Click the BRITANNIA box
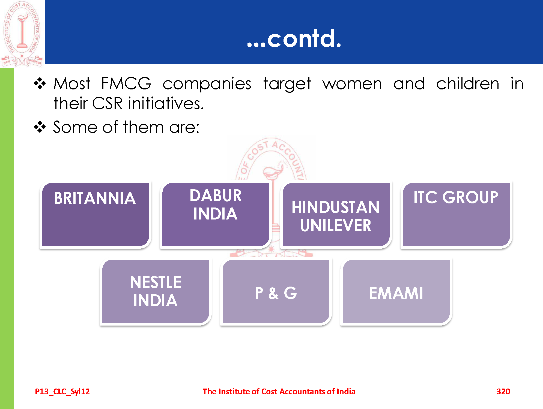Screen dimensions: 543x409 tap(96, 215)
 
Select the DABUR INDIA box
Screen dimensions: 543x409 tap(216, 215)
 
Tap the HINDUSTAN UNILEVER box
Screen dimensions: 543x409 tap(336, 215)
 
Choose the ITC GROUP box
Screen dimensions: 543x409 tap(457, 215)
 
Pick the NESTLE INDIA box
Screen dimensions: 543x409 tap(156, 291)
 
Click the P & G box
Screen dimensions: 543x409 tap(276, 291)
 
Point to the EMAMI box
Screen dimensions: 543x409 tap(396, 291)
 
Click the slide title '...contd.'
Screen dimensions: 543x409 tap(294, 39)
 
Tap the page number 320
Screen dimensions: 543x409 tap(503, 392)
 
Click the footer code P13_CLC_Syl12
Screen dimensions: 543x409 tap(62, 392)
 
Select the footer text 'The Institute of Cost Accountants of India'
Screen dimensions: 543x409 tap(279, 392)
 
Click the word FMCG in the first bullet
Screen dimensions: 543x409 tap(126, 83)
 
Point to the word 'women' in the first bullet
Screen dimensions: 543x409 tap(352, 84)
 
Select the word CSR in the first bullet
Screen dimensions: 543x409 tap(108, 103)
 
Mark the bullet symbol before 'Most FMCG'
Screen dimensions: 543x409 tap(40, 83)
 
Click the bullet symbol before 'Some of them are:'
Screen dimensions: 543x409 tap(40, 127)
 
